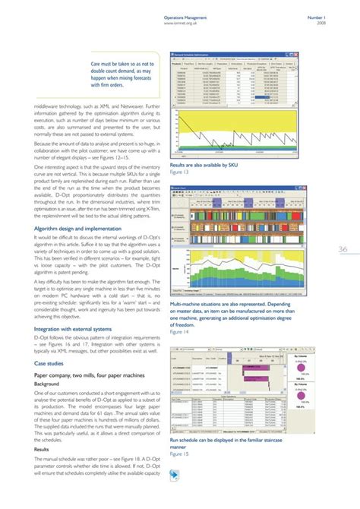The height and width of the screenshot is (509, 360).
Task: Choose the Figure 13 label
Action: (x=180, y=172)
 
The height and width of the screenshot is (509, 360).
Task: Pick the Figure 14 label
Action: (x=180, y=332)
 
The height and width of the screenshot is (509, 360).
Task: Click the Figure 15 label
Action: (x=180, y=454)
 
